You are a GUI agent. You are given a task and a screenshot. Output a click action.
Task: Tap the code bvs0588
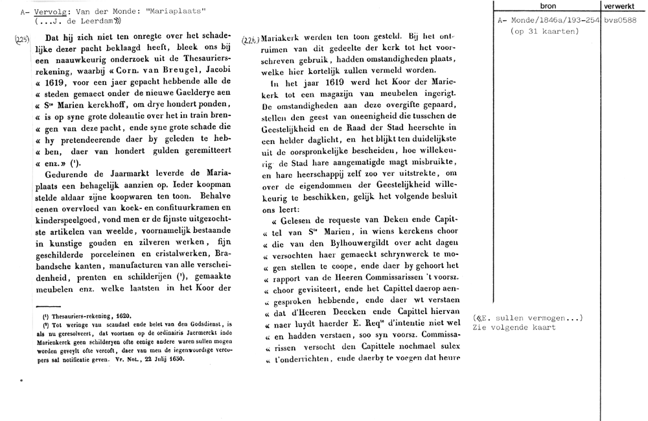click(621, 21)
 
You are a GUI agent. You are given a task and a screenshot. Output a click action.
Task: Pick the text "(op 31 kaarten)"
click(544, 30)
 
